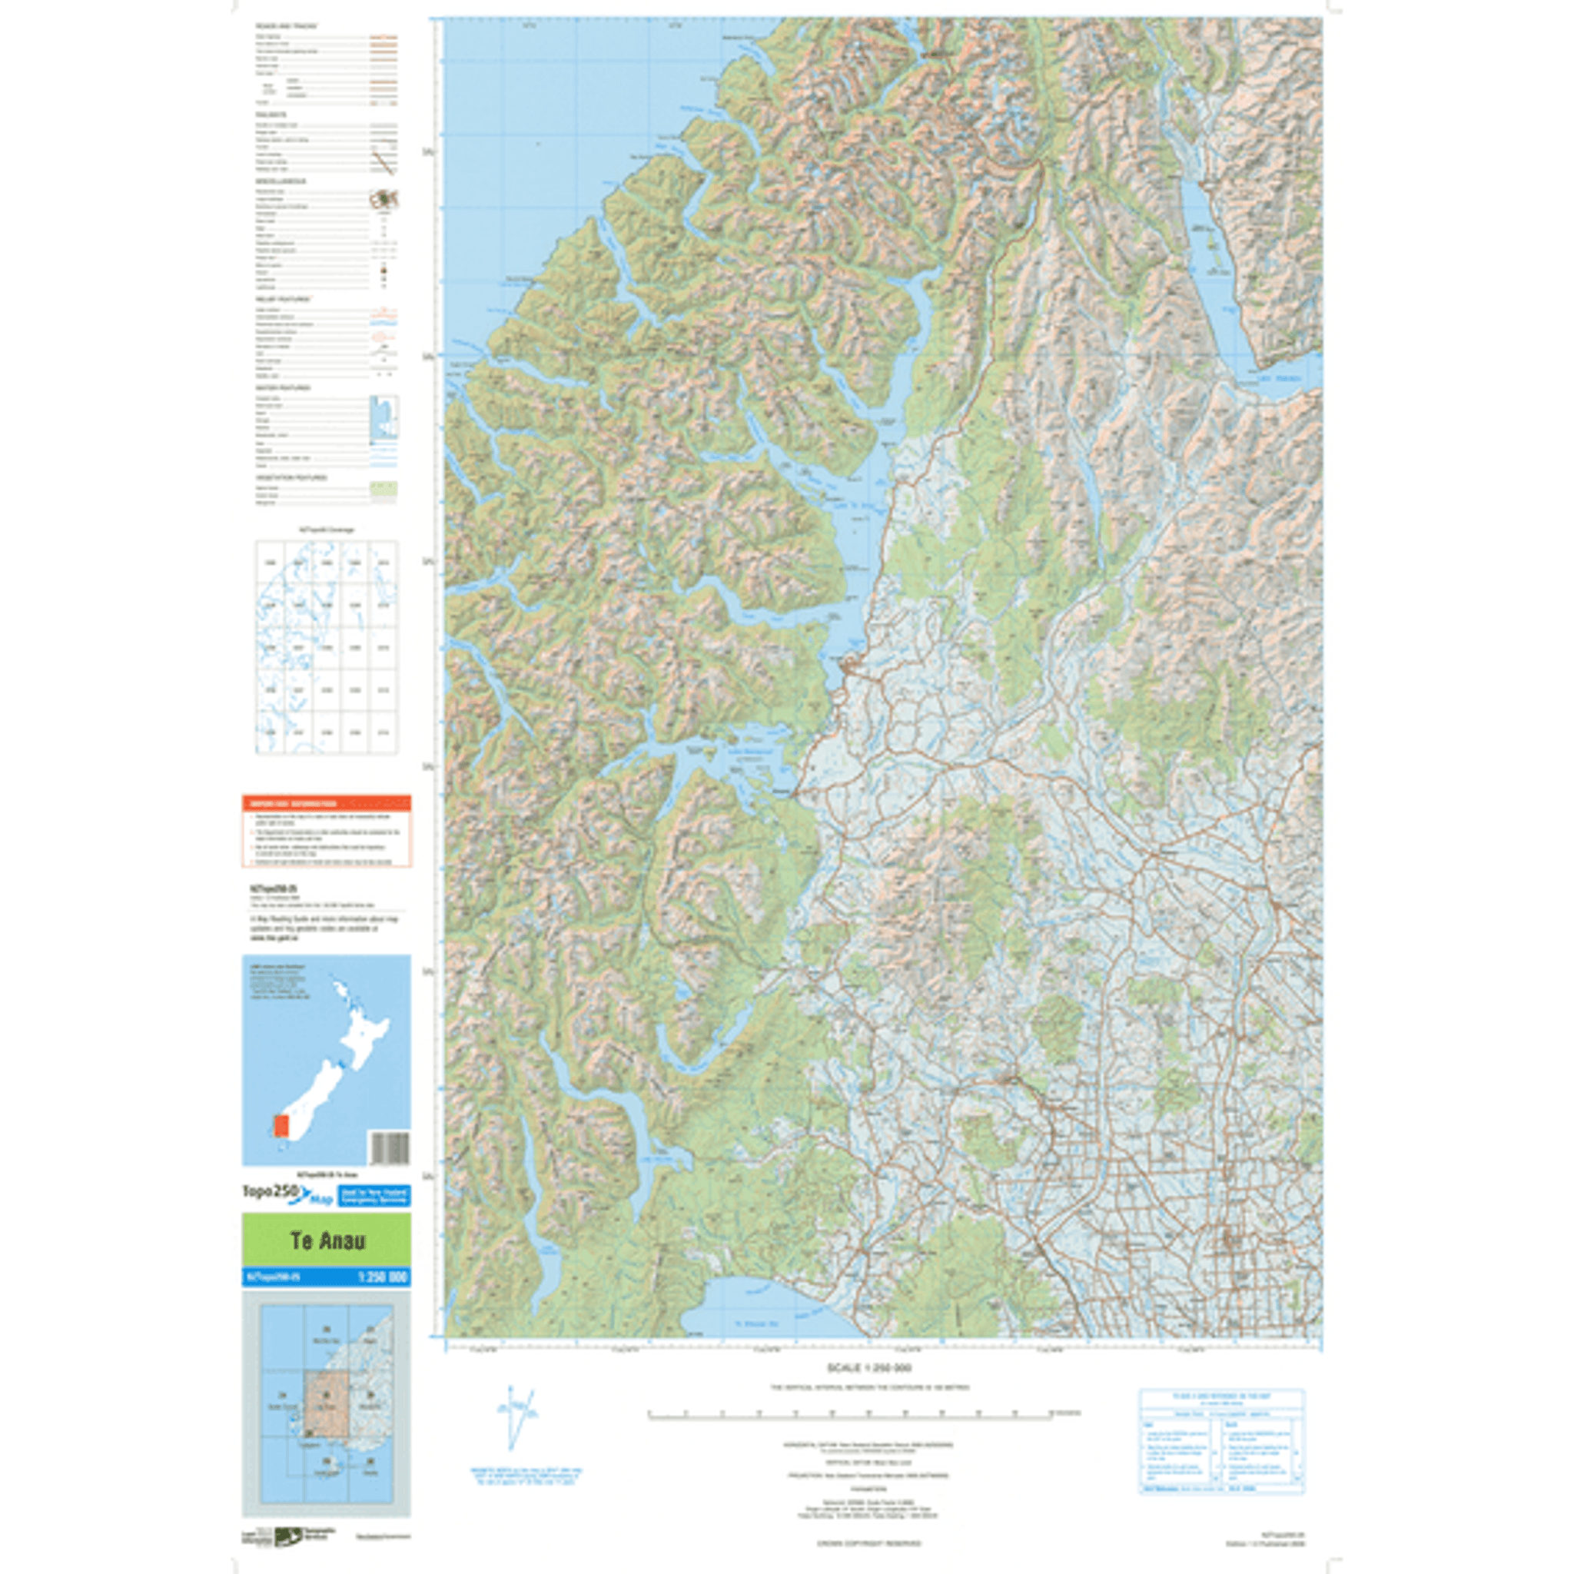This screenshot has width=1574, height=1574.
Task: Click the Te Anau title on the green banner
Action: pos(327,1240)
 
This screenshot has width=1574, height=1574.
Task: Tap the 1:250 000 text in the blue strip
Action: pos(382,1277)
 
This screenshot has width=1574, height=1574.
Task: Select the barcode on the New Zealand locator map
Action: pos(390,1148)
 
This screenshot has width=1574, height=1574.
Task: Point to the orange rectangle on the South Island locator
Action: pos(281,1127)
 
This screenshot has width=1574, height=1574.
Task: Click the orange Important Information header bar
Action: pos(326,803)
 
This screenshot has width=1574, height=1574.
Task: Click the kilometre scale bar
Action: pos(850,1413)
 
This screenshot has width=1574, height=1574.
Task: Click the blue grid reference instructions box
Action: pos(1221,1441)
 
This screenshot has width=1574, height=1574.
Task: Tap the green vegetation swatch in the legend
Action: pos(384,490)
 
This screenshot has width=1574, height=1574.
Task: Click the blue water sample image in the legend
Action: pos(384,420)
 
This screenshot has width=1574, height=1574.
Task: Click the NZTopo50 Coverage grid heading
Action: pos(326,530)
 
